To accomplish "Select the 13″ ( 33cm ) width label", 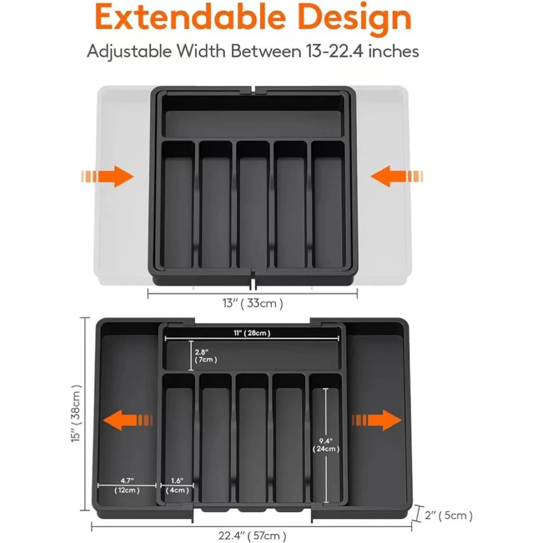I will pos(252,304).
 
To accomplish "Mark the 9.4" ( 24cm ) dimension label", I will pos(326,444).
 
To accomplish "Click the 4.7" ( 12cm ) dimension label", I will pos(127,486).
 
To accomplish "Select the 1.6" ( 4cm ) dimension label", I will pos(177,486).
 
